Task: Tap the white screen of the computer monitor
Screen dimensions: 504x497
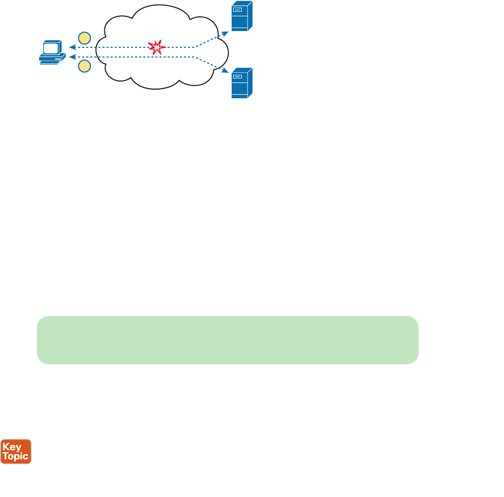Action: click(51, 49)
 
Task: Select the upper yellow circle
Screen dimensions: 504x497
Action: click(85, 38)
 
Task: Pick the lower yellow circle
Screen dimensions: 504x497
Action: click(85, 66)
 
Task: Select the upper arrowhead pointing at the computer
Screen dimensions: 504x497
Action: click(71, 48)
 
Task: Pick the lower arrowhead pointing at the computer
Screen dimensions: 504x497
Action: click(71, 56)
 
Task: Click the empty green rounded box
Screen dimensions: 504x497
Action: click(228, 340)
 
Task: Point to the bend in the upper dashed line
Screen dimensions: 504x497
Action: click(195, 47)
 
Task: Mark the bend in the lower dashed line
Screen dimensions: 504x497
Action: click(195, 57)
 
